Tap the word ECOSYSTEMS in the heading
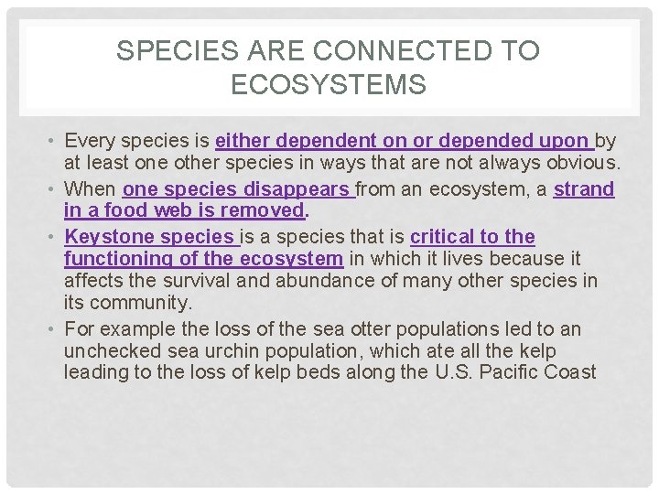329,85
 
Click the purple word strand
584,189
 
